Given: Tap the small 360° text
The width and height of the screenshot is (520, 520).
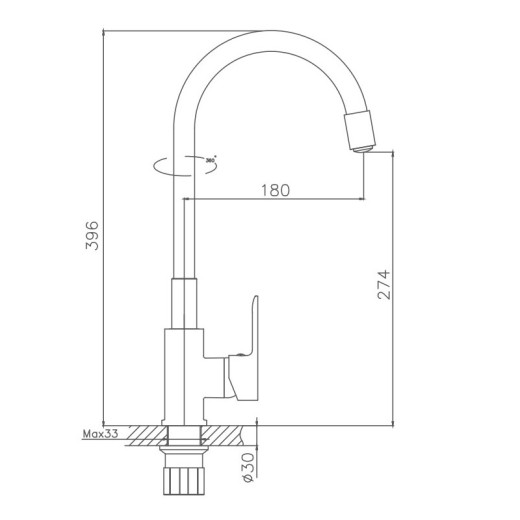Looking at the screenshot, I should point(210,159).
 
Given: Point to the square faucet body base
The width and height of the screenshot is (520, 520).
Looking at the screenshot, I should point(182,375).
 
